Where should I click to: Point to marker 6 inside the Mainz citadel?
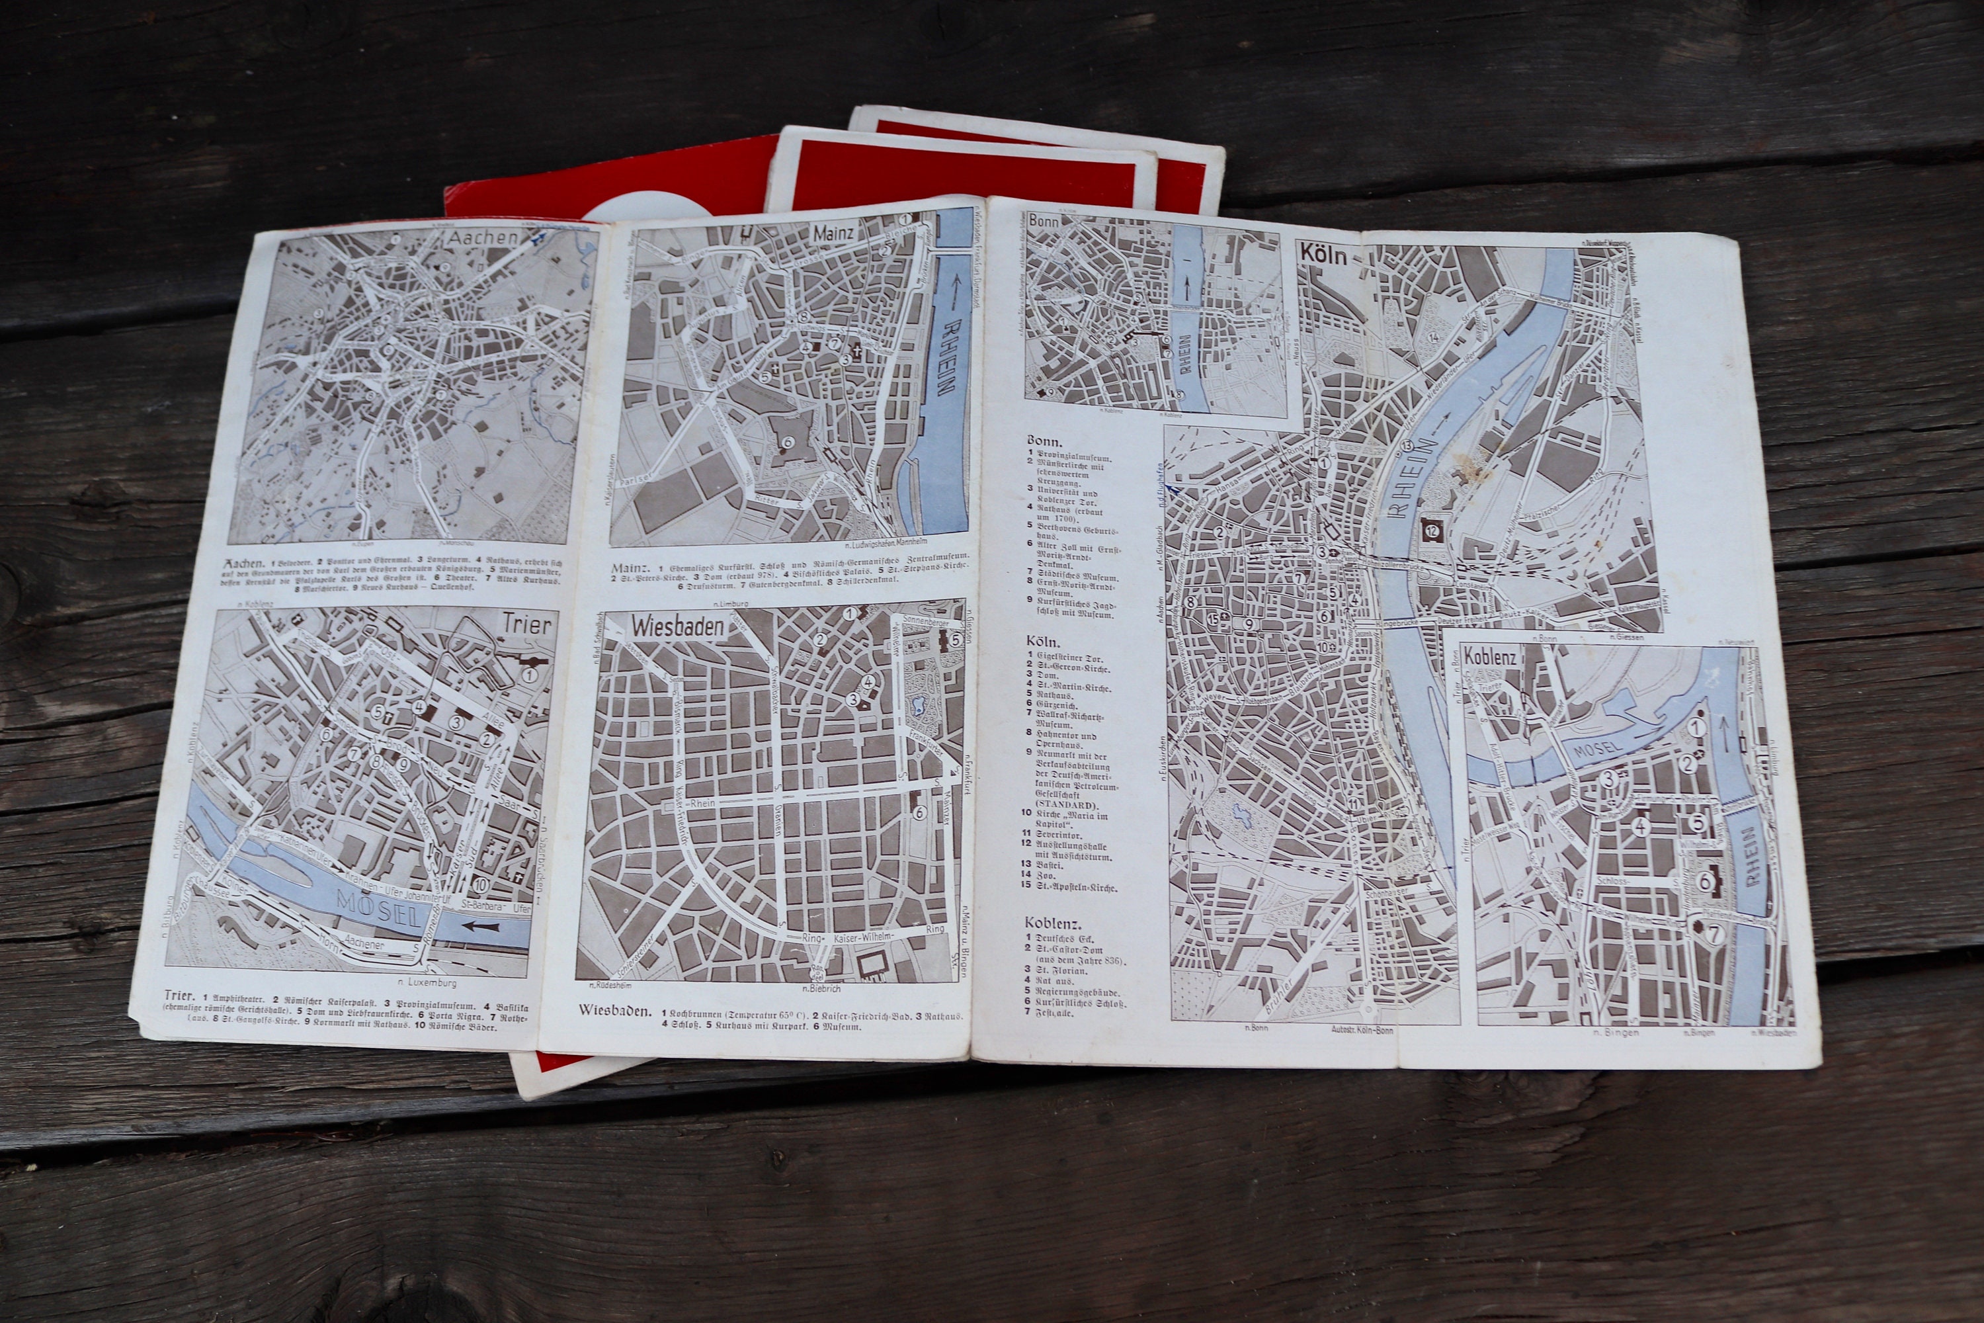pyautogui.click(x=788, y=441)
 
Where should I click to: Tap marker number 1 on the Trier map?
pyautogui.click(x=530, y=675)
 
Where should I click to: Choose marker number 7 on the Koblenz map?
pyautogui.click(x=1714, y=934)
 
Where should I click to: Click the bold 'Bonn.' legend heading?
pyautogui.click(x=1044, y=441)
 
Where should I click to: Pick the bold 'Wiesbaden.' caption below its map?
pyautogui.click(x=614, y=1011)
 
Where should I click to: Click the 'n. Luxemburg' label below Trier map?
pyautogui.click(x=429, y=983)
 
